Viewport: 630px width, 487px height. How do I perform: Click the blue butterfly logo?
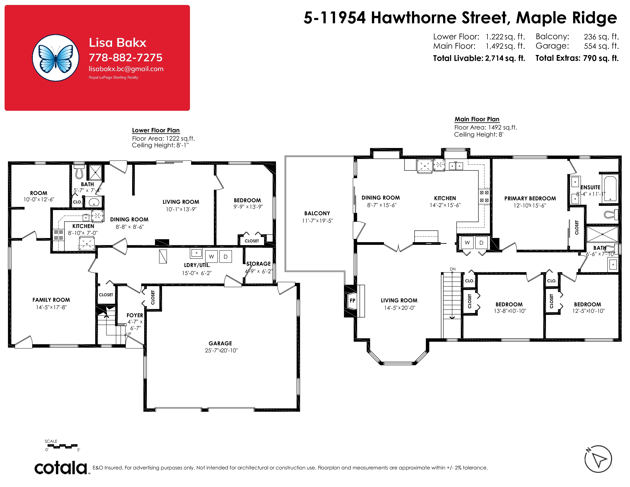tap(55, 58)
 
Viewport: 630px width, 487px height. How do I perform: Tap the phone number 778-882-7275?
tap(125, 57)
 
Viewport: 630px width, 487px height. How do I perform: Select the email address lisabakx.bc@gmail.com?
tap(126, 69)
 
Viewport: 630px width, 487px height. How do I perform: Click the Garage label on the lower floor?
tap(220, 343)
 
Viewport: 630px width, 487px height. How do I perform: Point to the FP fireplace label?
tap(352, 300)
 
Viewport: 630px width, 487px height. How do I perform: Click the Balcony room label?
tap(317, 213)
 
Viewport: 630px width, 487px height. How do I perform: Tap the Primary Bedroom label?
tap(530, 198)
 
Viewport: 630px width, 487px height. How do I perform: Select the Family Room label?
tap(51, 300)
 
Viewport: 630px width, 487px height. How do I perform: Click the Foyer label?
tap(135, 315)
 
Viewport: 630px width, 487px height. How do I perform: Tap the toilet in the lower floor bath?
tap(79, 172)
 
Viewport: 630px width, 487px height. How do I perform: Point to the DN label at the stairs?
tap(453, 269)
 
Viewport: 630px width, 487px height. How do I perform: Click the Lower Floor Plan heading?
tap(156, 130)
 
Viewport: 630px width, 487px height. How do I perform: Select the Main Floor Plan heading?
tap(477, 119)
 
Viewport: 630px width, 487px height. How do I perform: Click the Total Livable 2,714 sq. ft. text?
tap(479, 58)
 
